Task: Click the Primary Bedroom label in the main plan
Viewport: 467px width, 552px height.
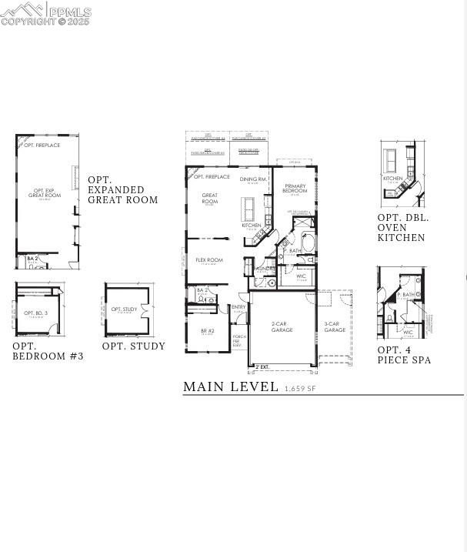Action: pos(295,188)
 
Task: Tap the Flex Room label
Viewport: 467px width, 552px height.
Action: pos(209,260)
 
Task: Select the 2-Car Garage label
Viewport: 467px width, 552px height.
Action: pos(282,327)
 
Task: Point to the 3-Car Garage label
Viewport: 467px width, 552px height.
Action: pos(335,327)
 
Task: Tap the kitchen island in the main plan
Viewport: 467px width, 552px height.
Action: pos(249,208)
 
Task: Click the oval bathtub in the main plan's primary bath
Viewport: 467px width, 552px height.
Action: pos(308,243)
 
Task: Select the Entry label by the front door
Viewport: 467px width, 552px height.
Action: pos(239,307)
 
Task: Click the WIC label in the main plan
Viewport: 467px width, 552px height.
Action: pos(302,276)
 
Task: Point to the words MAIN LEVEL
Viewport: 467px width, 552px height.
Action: pos(231,387)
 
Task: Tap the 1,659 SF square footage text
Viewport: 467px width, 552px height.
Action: pos(300,389)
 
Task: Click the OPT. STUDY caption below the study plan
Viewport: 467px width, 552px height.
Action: pos(134,346)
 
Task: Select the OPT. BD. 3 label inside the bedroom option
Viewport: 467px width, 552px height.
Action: pos(36,313)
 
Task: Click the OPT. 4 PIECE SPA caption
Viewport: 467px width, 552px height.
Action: pos(404,355)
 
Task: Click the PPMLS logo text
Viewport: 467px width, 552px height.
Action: pos(68,12)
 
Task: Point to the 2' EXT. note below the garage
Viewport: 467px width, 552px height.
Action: pos(262,366)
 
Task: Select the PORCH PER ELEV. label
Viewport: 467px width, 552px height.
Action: pos(239,341)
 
